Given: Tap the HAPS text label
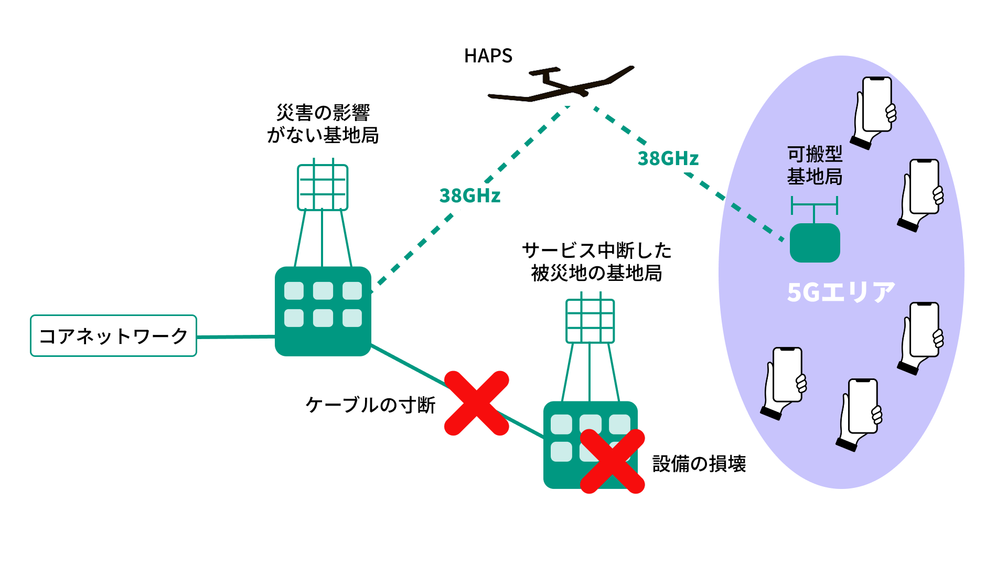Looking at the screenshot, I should coord(488,56).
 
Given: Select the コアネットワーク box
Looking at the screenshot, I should coord(113,336).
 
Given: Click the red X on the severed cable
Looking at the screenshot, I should coord(476,403).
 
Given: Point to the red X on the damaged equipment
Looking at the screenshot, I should coord(612,461).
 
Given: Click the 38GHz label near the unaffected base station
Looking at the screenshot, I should coord(470,195).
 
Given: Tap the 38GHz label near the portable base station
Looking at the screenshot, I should coord(668,158).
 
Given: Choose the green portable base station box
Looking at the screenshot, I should coord(815,243).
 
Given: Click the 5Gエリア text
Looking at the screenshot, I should coord(841,292).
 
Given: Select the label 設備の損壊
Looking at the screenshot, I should coord(699,464).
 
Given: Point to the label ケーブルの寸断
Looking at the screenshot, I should coord(370,405).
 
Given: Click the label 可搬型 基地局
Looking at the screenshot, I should coord(815,165).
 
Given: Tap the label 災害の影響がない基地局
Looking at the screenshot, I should coord(323,124).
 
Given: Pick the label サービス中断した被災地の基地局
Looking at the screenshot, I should coord(597,262).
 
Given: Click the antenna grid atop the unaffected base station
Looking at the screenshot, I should coord(323,187).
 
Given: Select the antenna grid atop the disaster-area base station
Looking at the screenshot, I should coord(590,321).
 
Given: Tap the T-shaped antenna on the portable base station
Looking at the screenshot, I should coord(814,207).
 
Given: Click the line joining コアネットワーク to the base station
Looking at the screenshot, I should coord(236,337).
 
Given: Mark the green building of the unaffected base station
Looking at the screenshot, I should coord(323,311).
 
